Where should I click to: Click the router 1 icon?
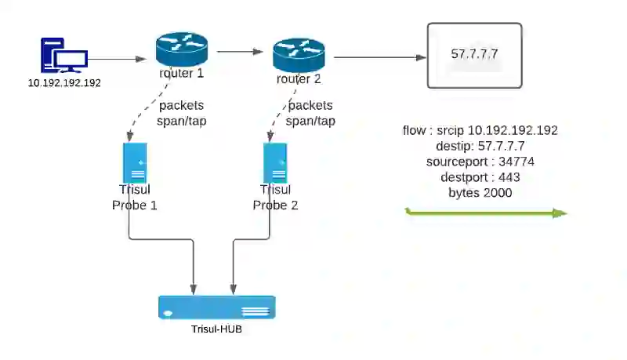pos(182,49)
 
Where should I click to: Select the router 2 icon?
pos(299,55)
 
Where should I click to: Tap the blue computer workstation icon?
pos(64,56)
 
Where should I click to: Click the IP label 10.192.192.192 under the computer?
pos(64,83)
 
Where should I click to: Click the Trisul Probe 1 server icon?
pos(135,163)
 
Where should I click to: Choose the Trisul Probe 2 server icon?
pos(275,163)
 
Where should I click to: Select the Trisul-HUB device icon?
pos(217,307)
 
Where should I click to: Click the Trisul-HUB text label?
pos(216,329)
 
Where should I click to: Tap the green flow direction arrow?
pos(486,213)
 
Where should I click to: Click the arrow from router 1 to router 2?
pos(240,52)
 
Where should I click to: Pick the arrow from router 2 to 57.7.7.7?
pos(380,57)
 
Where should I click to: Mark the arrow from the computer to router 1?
pos(117,59)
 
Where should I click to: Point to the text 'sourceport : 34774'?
pos(480,162)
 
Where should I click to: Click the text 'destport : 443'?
pos(480,177)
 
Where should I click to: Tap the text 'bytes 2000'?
pos(480,193)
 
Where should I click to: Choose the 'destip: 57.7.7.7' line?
pos(480,146)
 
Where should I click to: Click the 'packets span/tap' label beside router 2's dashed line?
pos(310,113)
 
